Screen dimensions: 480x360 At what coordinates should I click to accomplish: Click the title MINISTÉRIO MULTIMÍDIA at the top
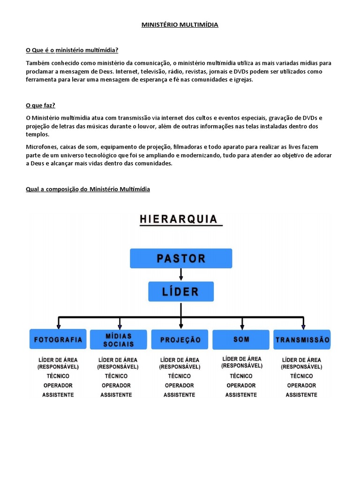pyautogui.click(x=180, y=25)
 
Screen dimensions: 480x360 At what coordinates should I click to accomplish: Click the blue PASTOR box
pyautogui.click(x=180, y=258)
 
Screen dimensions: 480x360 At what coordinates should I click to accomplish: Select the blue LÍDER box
pyautogui.click(x=181, y=291)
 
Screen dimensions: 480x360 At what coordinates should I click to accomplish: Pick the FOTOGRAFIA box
pyautogui.click(x=58, y=339)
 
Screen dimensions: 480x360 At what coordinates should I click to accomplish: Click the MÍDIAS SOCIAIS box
pyautogui.click(x=120, y=340)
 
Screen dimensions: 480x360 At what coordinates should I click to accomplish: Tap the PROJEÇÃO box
pyautogui.click(x=180, y=339)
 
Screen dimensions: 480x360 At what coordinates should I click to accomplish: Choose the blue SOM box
pyautogui.click(x=241, y=339)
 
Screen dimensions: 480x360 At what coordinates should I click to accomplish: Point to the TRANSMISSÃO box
pyautogui.click(x=302, y=339)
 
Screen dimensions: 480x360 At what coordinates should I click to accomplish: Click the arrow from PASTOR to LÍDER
pyautogui.click(x=181, y=275)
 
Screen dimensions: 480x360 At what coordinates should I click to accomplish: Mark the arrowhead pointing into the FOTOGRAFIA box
pyautogui.click(x=58, y=326)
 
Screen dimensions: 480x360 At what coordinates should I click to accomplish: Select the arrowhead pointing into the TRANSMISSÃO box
pyautogui.click(x=303, y=326)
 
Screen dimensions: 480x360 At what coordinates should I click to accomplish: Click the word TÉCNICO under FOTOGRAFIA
pyautogui.click(x=58, y=376)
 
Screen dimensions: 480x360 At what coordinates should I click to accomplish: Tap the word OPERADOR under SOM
pyautogui.click(x=241, y=385)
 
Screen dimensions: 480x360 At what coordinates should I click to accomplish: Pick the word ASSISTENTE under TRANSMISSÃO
pyautogui.click(x=301, y=395)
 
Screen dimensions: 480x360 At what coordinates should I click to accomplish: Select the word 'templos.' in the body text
pyautogui.click(x=38, y=134)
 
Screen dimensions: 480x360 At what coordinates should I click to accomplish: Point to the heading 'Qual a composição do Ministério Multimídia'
pyautogui.click(x=88, y=189)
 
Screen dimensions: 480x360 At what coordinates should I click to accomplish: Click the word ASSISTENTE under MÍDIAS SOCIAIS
pyautogui.click(x=116, y=395)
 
